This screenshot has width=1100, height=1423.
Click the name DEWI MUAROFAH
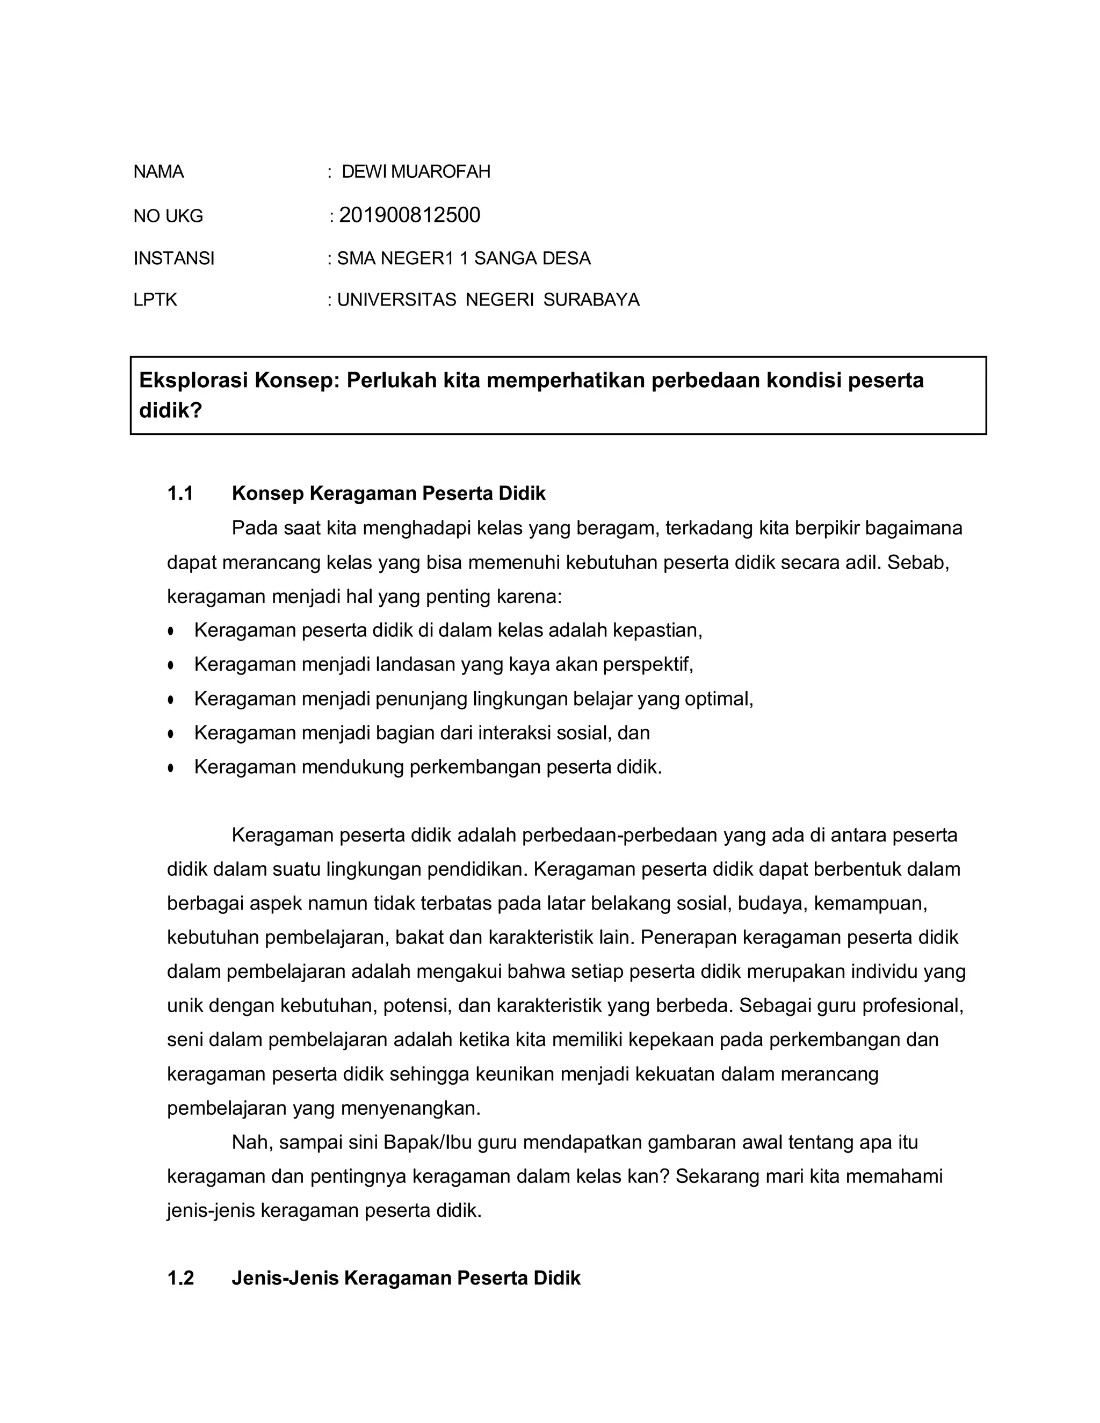[416, 172]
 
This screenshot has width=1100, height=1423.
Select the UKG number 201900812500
[409, 215]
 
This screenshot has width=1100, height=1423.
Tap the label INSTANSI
[174, 259]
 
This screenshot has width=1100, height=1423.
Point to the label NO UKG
[168, 216]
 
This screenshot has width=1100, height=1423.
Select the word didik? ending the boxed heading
[171, 410]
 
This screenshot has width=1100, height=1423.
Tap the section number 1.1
[180, 494]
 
